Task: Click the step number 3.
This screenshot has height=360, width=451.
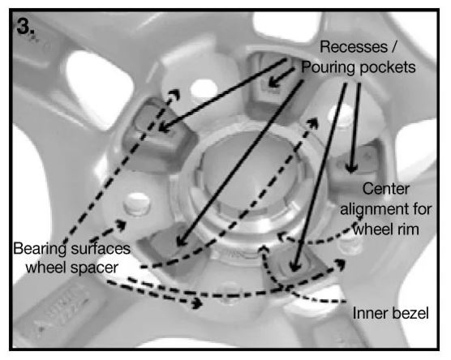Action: pos(26,27)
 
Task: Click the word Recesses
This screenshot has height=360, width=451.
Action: pos(354,46)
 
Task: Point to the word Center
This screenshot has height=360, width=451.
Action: pos(386,189)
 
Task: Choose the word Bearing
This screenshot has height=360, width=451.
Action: pos(40,249)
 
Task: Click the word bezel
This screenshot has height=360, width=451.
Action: pos(410,313)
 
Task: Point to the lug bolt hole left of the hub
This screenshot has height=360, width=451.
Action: pos(137,204)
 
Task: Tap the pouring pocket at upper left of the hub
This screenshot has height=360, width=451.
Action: pos(160,132)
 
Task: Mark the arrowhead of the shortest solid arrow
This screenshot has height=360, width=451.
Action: pos(273,83)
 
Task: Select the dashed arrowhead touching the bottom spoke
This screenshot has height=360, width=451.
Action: pos(197,303)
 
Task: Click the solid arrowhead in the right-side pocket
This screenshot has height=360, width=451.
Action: pos(351,167)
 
